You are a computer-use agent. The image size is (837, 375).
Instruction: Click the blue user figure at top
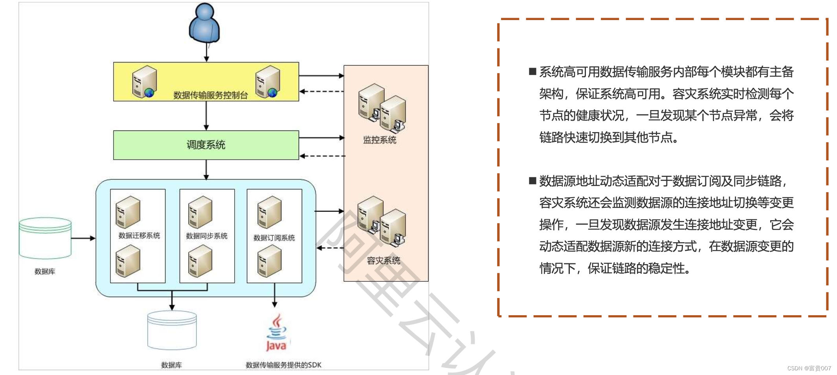[x=204, y=24]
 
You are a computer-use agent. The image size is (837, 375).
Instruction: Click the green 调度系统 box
[x=206, y=145]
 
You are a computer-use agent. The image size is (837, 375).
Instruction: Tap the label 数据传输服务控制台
[x=211, y=95]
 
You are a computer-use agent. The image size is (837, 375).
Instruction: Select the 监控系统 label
[x=380, y=140]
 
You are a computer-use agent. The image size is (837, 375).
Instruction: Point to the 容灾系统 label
[x=384, y=261]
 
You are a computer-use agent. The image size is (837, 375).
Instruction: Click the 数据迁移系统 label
[x=139, y=235]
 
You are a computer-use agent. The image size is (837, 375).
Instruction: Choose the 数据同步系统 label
[x=207, y=236]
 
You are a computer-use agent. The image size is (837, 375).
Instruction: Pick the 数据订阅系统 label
[x=274, y=238]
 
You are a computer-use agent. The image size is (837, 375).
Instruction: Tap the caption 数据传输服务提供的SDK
[x=283, y=365]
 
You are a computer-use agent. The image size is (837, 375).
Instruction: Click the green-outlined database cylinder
[x=45, y=238]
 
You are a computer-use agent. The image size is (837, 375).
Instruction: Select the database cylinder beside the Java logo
[x=172, y=330]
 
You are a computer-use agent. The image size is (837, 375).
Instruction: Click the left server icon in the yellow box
[x=145, y=82]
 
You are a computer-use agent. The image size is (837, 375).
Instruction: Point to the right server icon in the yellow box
[x=268, y=82]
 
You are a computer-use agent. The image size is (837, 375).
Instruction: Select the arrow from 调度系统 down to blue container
[x=206, y=169]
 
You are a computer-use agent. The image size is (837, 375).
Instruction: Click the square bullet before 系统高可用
[x=532, y=72]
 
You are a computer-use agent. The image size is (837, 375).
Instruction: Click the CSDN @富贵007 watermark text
[x=809, y=368]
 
